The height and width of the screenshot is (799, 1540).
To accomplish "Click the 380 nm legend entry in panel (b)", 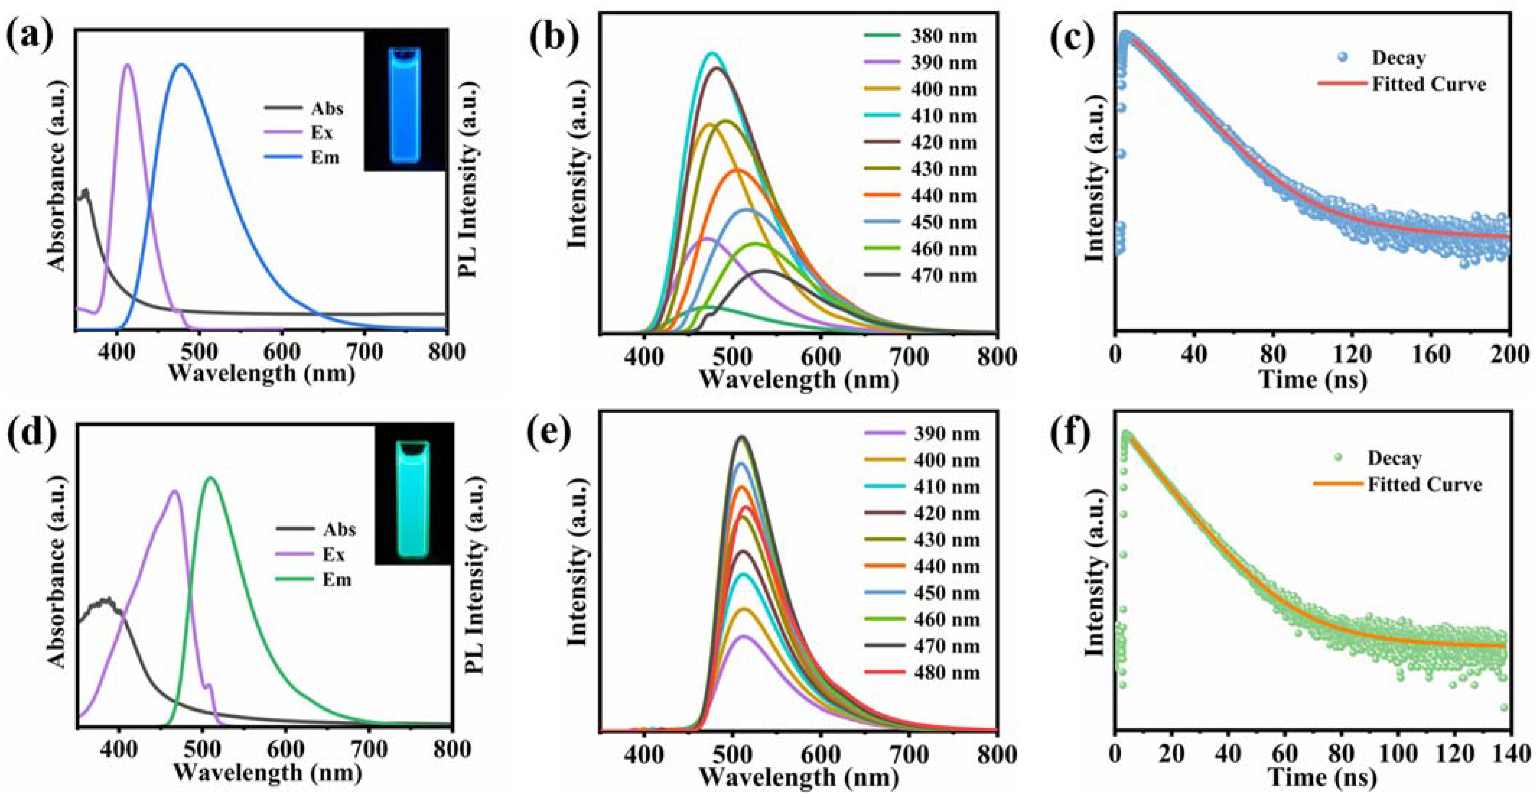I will tap(921, 36).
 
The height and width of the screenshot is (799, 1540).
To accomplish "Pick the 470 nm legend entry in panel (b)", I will tap(921, 276).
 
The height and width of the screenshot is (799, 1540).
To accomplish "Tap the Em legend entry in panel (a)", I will tap(302, 158).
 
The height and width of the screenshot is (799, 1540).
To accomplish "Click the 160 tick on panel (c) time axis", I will tap(1431, 355).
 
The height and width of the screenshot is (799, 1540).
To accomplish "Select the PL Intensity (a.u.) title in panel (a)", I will tap(470, 179).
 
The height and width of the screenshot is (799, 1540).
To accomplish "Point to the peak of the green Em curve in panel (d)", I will tap(210, 477).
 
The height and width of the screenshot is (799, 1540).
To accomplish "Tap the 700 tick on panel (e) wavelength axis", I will tap(909, 754).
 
